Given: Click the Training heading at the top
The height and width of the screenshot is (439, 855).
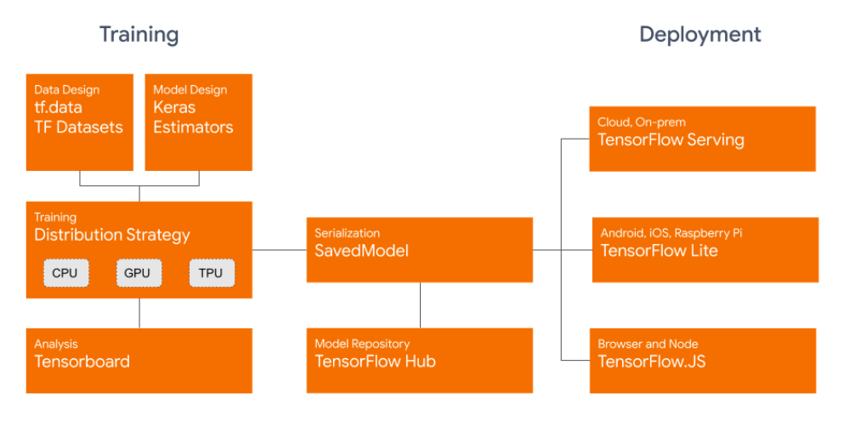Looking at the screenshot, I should [x=139, y=35].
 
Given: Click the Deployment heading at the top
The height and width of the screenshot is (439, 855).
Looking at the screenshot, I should [x=699, y=35].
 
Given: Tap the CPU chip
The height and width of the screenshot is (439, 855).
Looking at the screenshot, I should [x=65, y=273].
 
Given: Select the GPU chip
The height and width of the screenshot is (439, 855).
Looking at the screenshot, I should [x=137, y=273].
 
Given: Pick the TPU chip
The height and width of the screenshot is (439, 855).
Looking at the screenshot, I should [x=210, y=273].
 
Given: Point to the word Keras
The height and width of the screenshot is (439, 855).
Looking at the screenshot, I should [x=174, y=108].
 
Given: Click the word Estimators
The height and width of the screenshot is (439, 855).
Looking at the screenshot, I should [x=193, y=128].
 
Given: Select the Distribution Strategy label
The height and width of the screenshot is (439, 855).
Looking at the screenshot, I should [x=112, y=235].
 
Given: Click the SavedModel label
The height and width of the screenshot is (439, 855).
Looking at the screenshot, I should [x=361, y=251].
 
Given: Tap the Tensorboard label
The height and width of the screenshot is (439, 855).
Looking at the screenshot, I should [x=82, y=362].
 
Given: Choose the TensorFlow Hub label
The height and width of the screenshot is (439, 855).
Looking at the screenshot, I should [x=375, y=362].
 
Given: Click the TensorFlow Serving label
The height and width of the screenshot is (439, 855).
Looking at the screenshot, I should [x=671, y=140].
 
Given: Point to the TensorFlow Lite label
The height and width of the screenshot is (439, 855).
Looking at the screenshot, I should [x=659, y=251].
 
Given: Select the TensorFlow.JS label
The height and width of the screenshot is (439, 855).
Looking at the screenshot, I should [x=651, y=362].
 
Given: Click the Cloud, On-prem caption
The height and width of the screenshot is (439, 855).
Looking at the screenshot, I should [x=641, y=122].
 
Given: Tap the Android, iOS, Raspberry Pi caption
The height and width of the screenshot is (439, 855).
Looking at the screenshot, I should [x=671, y=233].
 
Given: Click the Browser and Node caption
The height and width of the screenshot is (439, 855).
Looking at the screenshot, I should [x=648, y=344].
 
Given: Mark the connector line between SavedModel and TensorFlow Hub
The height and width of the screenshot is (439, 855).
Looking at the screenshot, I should [x=420, y=305].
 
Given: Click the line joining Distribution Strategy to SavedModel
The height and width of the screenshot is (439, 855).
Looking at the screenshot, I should [x=279, y=250].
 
